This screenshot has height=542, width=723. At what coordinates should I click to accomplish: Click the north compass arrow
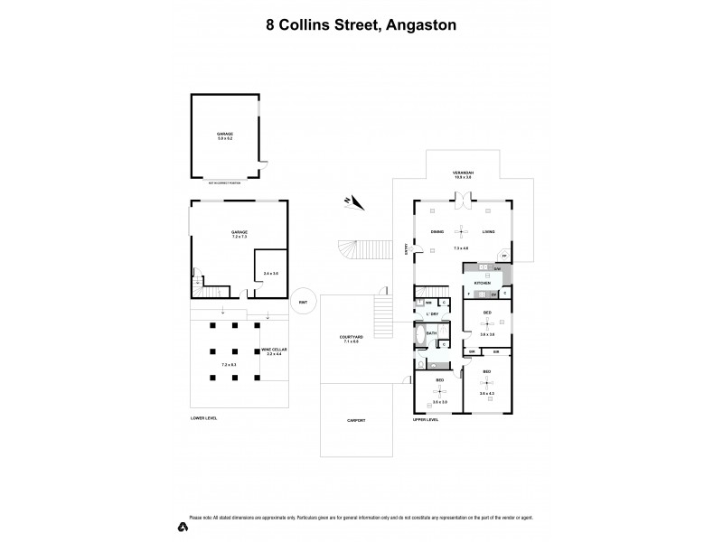(352, 202)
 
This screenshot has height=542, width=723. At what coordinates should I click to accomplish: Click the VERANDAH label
(464, 173)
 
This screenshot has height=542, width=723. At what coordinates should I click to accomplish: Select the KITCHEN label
(483, 284)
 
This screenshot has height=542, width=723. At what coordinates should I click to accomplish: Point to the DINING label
(437, 232)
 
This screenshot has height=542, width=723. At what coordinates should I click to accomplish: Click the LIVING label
(489, 232)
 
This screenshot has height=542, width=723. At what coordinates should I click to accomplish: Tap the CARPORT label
(356, 420)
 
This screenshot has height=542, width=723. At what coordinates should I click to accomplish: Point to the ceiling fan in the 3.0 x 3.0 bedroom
(440, 391)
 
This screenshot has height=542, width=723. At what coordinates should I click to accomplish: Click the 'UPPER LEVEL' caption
(425, 419)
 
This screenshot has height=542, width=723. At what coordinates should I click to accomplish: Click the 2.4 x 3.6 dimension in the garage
(270, 272)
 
